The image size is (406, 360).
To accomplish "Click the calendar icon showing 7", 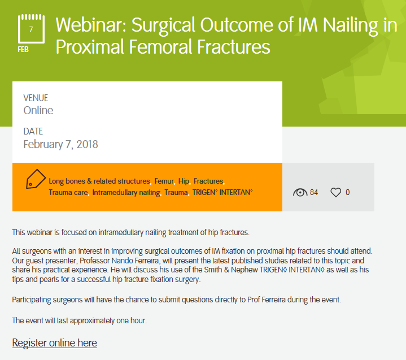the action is pos(31,29).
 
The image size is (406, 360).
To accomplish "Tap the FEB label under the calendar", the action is pos(23,50).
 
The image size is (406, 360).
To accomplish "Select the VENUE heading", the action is pos(36,98).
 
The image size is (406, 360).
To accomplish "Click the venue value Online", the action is pos(38,110).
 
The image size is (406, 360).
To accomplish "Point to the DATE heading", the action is pos(33,131).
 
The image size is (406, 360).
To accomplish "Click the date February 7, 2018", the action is pos(60,144).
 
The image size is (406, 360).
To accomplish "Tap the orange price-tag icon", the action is pos(36,179).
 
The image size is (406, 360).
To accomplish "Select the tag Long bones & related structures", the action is pos(99,181).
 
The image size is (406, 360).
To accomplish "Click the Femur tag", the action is pos(164,181).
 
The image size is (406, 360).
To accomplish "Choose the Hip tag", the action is pos(184,181).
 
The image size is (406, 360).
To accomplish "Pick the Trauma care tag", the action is pos(68,192).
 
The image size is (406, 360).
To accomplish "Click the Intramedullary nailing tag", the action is pos(126,193).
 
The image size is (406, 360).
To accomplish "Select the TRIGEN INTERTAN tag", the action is pos(222,192).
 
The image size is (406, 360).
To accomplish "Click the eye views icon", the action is pos(300,193).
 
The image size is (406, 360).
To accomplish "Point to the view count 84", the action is pos(314,192).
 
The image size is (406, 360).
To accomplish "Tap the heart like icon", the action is pos(336,193).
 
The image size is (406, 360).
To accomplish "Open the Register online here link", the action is pos(55,343).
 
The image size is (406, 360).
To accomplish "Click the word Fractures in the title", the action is pos(234,47).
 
